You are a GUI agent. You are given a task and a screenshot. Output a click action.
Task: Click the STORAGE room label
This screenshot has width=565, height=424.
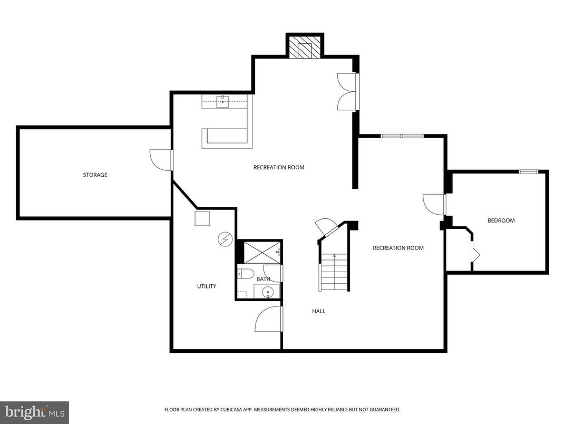[95, 175]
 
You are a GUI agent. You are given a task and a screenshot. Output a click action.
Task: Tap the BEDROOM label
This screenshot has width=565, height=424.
[501, 220]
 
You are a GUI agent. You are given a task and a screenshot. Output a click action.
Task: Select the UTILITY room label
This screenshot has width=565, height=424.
[207, 286]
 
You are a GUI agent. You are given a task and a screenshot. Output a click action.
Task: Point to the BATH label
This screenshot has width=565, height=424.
[263, 279]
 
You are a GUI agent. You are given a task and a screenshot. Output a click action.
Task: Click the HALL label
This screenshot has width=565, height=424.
[318, 311]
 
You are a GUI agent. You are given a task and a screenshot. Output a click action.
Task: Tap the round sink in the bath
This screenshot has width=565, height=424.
[267, 292]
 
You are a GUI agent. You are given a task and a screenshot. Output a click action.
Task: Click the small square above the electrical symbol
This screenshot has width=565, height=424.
[202, 218]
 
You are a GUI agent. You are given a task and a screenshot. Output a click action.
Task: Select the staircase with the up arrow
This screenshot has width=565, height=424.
[335, 272]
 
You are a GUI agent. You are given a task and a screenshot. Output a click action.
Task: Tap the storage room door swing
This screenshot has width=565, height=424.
[161, 159]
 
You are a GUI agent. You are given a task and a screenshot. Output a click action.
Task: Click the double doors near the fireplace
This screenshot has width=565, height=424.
[347, 92]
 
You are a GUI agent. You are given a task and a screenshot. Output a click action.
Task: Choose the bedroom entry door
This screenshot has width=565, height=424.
[434, 204]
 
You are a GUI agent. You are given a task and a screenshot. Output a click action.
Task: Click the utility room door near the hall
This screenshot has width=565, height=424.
[268, 319]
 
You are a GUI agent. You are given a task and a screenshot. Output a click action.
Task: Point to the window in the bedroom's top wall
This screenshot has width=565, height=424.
[528, 171]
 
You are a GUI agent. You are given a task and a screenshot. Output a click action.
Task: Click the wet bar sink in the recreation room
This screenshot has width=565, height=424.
[223, 102]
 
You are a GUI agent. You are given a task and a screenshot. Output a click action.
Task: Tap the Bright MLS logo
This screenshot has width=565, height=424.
[34, 412]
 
